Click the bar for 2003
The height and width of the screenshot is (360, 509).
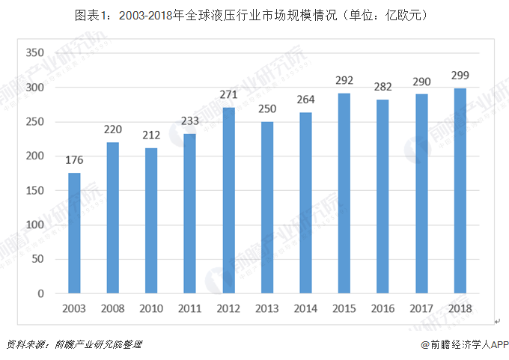[74, 233]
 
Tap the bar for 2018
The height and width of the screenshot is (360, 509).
[460, 191]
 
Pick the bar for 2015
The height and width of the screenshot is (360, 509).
[344, 193]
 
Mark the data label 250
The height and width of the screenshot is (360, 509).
[267, 108]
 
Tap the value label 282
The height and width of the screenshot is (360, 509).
[383, 85]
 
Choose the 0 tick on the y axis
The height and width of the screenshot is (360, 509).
[42, 293]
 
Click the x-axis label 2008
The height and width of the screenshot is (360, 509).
[113, 308]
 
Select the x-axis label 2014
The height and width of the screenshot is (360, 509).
[306, 308]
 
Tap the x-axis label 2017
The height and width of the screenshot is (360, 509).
[421, 308]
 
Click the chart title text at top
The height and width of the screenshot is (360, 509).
[254, 15]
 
